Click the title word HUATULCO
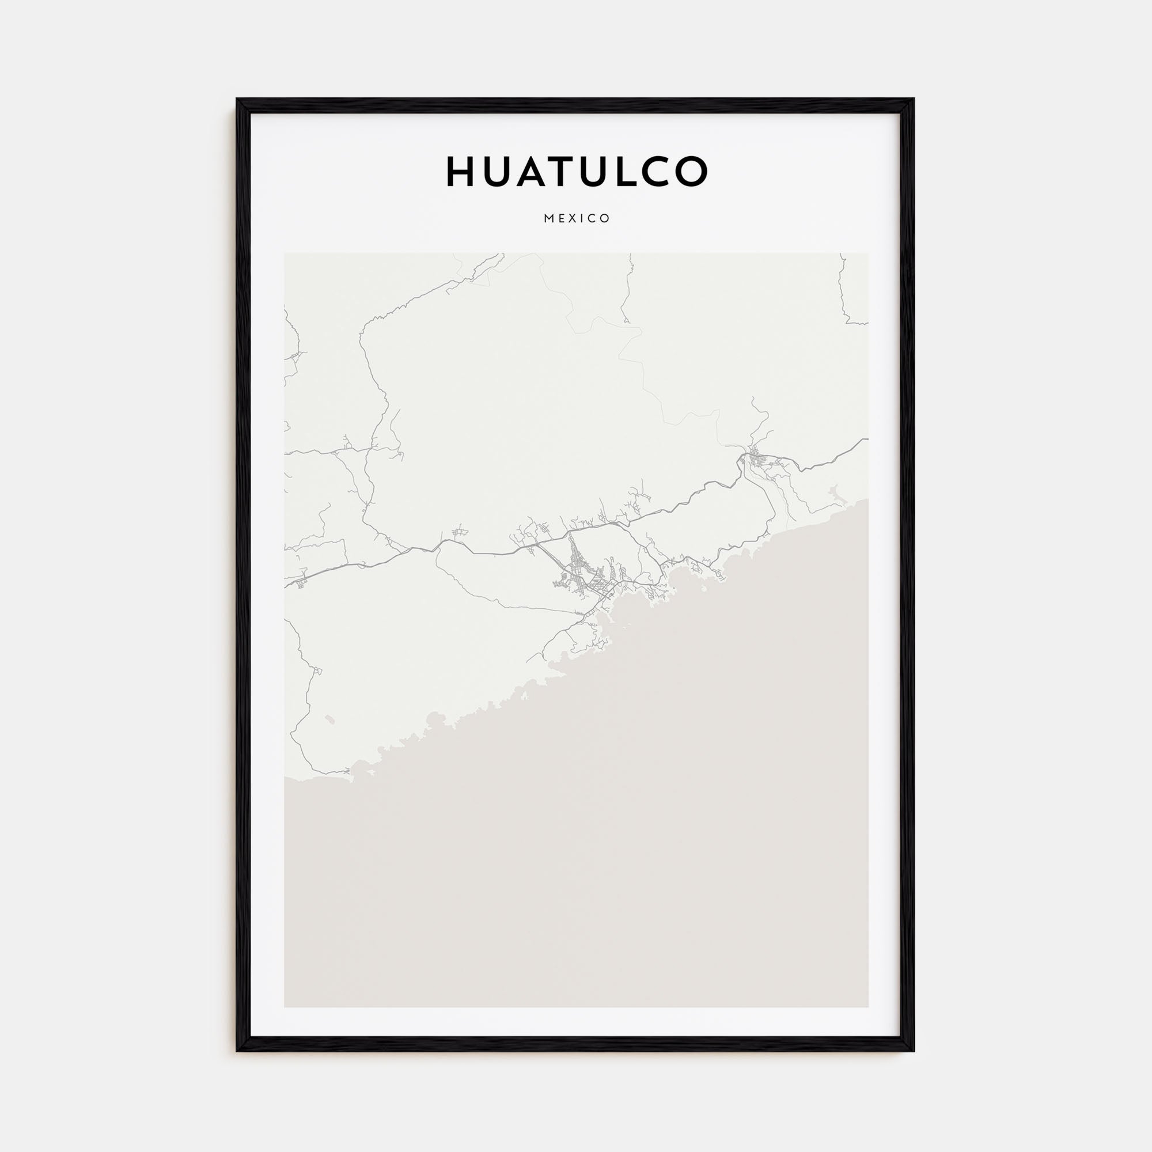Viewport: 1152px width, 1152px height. point(577,172)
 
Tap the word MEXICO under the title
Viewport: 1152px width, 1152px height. point(577,218)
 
